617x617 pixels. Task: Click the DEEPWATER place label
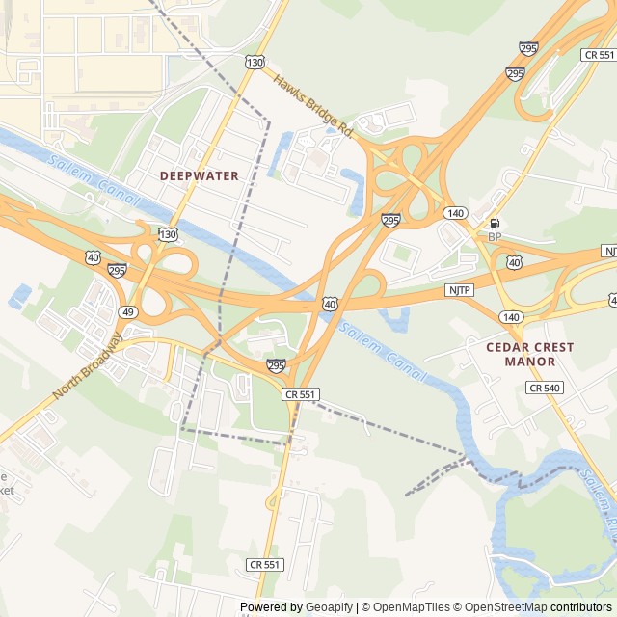199,175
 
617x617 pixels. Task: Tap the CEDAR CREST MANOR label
529,354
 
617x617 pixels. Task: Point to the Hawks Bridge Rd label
313,103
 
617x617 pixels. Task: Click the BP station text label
495,237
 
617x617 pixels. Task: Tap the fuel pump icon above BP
495,223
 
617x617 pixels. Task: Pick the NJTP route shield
459,289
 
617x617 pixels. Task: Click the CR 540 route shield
543,387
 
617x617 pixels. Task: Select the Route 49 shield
128,311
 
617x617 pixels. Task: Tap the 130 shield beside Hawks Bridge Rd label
255,63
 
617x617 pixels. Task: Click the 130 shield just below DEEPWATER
168,234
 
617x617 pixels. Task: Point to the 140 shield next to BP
456,212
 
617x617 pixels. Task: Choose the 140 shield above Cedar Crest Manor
511,316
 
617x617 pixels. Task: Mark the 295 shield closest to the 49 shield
117,270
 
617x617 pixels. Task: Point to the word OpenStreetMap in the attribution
506,607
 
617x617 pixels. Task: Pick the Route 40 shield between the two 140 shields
514,262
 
